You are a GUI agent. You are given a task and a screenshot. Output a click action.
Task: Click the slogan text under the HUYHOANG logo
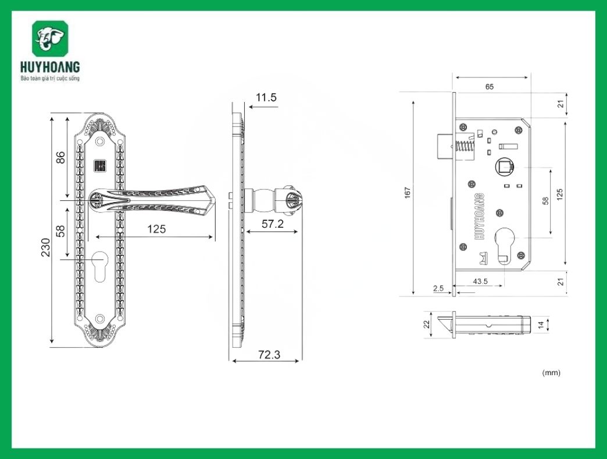50,78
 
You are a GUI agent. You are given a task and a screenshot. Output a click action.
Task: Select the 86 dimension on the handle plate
60,157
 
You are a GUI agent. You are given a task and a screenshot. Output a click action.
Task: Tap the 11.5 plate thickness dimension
266,97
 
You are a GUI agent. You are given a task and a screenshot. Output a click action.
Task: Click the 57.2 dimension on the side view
272,224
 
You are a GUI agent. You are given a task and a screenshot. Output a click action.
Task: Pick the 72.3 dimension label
269,354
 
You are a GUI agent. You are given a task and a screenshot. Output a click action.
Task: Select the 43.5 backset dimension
480,281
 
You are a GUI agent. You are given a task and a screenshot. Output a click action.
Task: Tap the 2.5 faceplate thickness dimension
438,288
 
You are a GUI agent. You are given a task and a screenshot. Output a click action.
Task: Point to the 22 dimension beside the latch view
426,324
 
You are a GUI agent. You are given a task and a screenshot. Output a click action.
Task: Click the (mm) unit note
551,372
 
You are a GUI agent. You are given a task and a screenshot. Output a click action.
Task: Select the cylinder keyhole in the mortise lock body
505,244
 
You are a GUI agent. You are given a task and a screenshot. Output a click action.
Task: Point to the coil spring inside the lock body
465,149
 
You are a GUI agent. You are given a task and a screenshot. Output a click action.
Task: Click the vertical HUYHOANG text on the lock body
480,215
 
